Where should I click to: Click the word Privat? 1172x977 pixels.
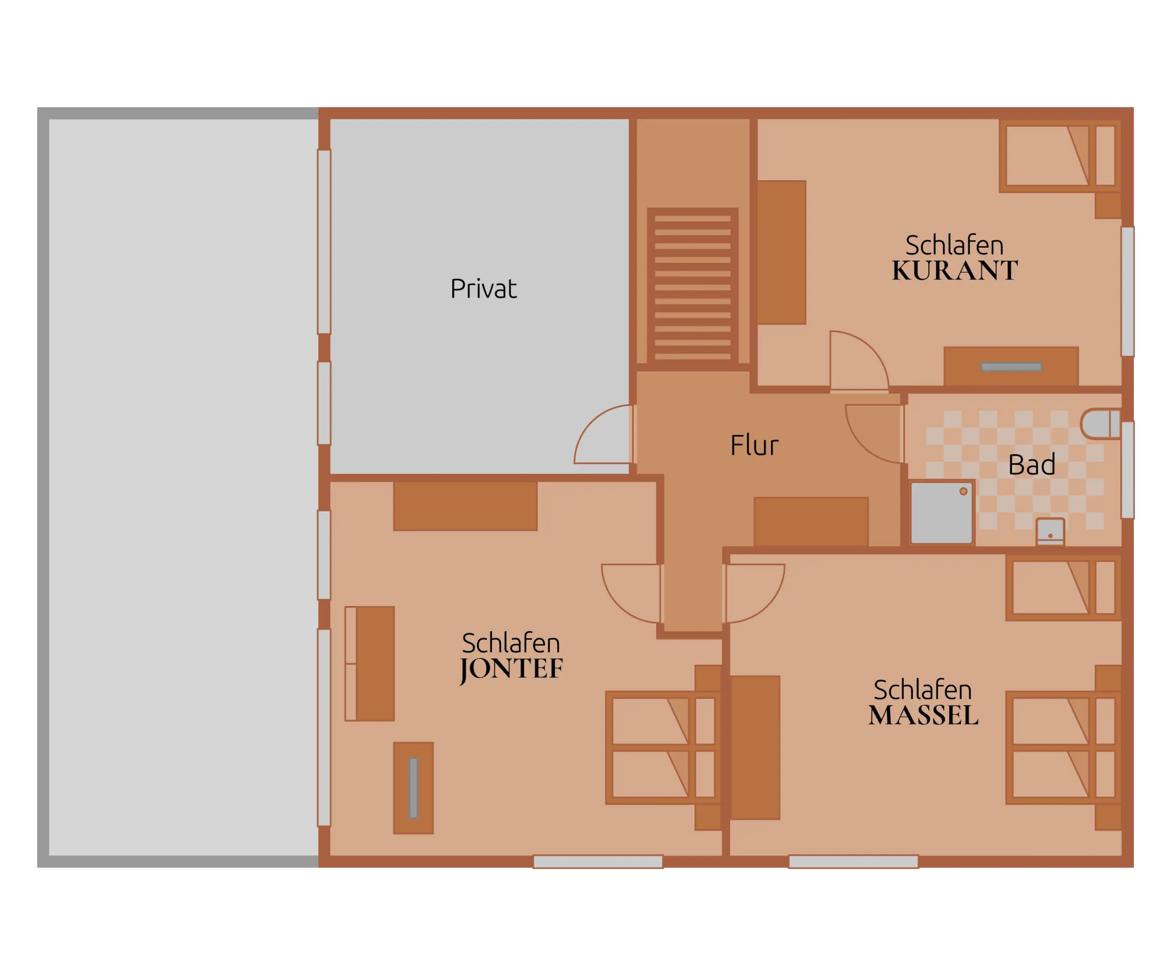pyautogui.click(x=483, y=289)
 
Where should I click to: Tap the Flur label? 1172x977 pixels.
pyautogui.click(x=754, y=445)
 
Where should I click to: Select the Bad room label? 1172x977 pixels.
pyautogui.click(x=1031, y=464)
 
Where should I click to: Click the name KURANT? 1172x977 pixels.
pyautogui.click(x=955, y=270)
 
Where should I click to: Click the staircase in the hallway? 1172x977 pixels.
pyautogui.click(x=693, y=286)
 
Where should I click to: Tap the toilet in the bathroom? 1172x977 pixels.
pyautogui.click(x=1100, y=424)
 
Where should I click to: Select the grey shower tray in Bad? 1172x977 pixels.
pyautogui.click(x=942, y=512)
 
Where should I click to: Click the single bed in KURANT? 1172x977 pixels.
pyautogui.click(x=1060, y=156)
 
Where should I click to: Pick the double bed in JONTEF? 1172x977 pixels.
pyautogui.click(x=663, y=748)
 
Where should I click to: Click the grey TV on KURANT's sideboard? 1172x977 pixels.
pyautogui.click(x=1011, y=367)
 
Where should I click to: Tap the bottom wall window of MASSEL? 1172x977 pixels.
pyautogui.click(x=853, y=862)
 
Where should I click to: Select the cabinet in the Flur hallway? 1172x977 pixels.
pyautogui.click(x=811, y=521)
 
